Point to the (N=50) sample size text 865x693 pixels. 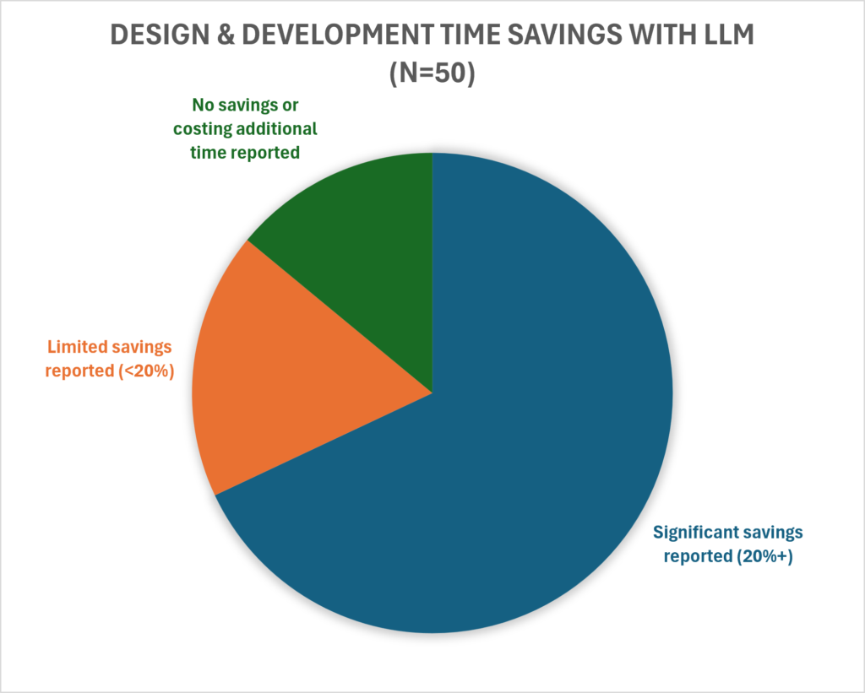pyautogui.click(x=432, y=73)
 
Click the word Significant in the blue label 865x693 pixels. pyautogui.click(x=695, y=533)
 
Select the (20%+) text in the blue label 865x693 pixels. pyautogui.click(x=764, y=556)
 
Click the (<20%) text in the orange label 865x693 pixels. pyautogui.click(x=146, y=371)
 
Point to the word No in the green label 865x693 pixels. pyautogui.click(x=204, y=105)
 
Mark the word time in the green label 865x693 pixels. pyautogui.click(x=207, y=153)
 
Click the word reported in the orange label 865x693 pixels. pyautogui.click(x=79, y=372)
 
